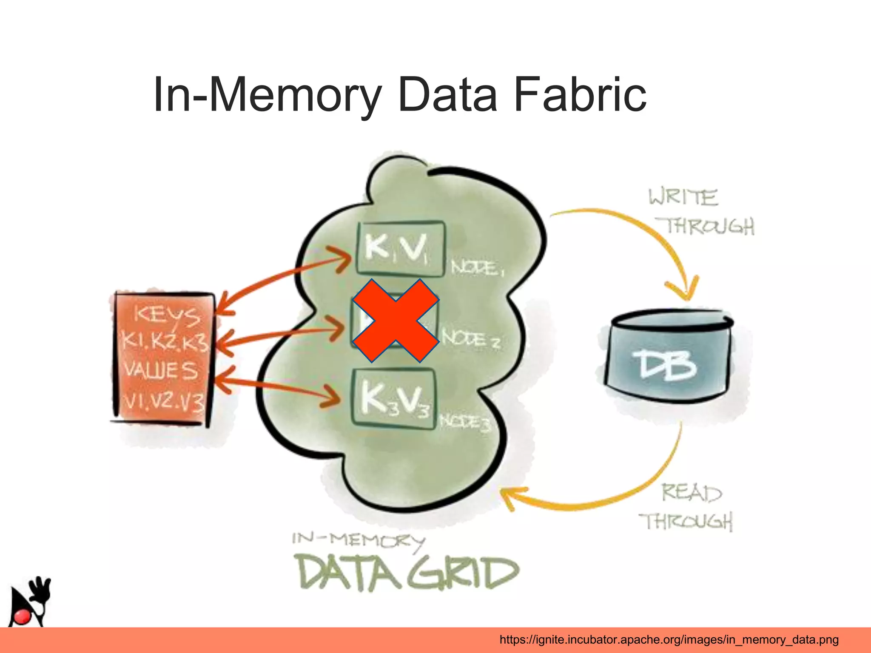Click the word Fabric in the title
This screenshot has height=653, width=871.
(x=580, y=94)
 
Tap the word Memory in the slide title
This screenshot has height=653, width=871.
(x=295, y=94)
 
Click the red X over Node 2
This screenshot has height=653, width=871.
(x=396, y=321)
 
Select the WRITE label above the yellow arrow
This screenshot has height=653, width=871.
(x=683, y=197)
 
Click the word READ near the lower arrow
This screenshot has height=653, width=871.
(x=692, y=493)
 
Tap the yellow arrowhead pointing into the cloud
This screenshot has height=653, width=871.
(x=510, y=497)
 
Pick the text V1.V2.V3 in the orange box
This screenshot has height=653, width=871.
(x=163, y=401)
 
